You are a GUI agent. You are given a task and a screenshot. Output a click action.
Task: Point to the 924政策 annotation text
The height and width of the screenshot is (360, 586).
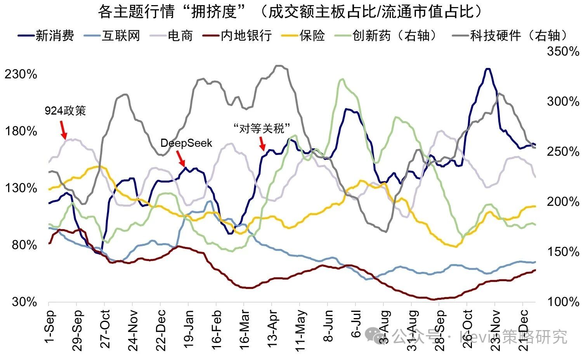(x=65, y=111)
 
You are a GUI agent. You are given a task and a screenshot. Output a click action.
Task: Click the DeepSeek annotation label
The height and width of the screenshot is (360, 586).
(x=186, y=143)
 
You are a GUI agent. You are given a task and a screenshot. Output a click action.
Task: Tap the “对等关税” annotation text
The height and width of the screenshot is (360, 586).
(x=262, y=128)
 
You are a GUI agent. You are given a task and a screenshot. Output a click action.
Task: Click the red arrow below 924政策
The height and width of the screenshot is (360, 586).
(x=63, y=130)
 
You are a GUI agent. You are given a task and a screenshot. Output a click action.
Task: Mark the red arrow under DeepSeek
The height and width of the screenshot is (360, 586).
(x=180, y=158)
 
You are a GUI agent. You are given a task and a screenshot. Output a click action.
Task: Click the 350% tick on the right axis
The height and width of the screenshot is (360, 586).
(x=563, y=51)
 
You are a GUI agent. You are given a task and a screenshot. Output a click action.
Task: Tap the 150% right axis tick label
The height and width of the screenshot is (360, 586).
(x=563, y=252)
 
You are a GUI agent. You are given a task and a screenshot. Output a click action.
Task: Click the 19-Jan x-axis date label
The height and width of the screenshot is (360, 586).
(x=189, y=325)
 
